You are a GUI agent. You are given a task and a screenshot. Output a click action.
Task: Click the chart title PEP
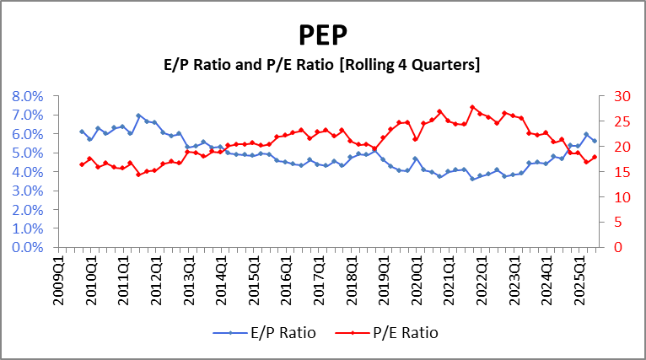323,35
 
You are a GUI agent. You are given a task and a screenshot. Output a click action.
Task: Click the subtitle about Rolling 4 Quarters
323,65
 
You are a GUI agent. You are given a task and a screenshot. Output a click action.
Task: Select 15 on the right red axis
616,172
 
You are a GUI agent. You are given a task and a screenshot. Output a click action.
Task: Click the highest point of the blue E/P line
138,116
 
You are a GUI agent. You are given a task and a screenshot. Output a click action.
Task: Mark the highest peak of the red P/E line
472,107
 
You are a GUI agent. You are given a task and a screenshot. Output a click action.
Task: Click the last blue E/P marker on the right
595,141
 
